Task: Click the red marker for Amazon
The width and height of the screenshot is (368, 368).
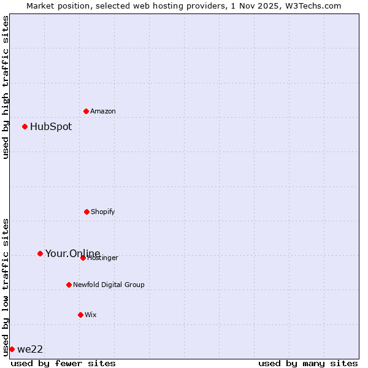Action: tap(86, 111)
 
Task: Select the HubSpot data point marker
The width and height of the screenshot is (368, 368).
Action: tap(25, 126)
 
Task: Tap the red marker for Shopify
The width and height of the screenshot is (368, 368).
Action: tap(86, 212)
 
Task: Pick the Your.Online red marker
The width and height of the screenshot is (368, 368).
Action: tap(40, 253)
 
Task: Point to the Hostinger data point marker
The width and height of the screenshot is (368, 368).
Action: tap(83, 258)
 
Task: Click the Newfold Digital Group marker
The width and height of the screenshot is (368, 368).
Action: tap(69, 285)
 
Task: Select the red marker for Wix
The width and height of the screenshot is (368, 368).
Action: tap(80, 315)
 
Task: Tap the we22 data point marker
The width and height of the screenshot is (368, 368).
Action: tap(12, 349)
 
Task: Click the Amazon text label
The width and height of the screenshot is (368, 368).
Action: tap(103, 112)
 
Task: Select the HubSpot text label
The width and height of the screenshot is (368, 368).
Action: tap(51, 127)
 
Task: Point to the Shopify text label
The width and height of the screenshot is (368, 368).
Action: tap(103, 212)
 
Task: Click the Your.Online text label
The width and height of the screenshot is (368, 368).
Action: tap(72, 253)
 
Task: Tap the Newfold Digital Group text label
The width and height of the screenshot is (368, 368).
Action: tap(109, 285)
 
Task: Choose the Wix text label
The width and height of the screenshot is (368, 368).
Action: tap(91, 315)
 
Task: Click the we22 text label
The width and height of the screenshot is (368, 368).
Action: tap(30, 350)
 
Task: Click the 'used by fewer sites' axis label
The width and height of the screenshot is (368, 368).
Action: tap(63, 363)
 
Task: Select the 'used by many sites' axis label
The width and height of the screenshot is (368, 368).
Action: tap(308, 363)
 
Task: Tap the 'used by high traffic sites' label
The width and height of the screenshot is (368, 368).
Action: tap(6, 87)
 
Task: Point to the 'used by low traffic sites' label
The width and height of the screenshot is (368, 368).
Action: tap(6, 287)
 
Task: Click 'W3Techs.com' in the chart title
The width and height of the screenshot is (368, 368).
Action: tap(312, 6)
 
